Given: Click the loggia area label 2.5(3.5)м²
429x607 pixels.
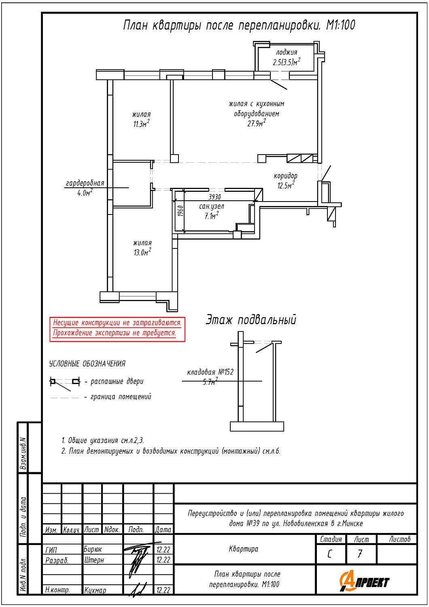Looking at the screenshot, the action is (287, 62).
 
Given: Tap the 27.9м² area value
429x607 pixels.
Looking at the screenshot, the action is (256, 123).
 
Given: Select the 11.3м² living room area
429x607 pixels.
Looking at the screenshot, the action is (141, 124).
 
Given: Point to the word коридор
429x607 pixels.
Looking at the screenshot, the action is (285, 176).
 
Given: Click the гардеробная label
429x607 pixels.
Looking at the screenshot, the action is (85, 183).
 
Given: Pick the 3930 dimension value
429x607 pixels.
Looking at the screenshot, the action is (214, 197).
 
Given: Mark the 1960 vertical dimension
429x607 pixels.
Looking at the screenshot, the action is (181, 211).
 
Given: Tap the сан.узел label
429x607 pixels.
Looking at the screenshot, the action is (211, 206).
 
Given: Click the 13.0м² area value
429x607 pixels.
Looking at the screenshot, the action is (142, 252).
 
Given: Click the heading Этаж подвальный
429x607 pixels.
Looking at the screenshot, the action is (251, 320).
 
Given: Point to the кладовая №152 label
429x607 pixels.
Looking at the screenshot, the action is (210, 372).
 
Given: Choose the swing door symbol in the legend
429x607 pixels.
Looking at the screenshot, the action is (65, 384).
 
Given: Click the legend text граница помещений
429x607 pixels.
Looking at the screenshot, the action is (121, 397).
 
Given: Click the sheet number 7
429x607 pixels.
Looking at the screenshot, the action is (360, 554).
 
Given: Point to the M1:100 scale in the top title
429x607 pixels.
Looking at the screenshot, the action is (340, 25).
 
